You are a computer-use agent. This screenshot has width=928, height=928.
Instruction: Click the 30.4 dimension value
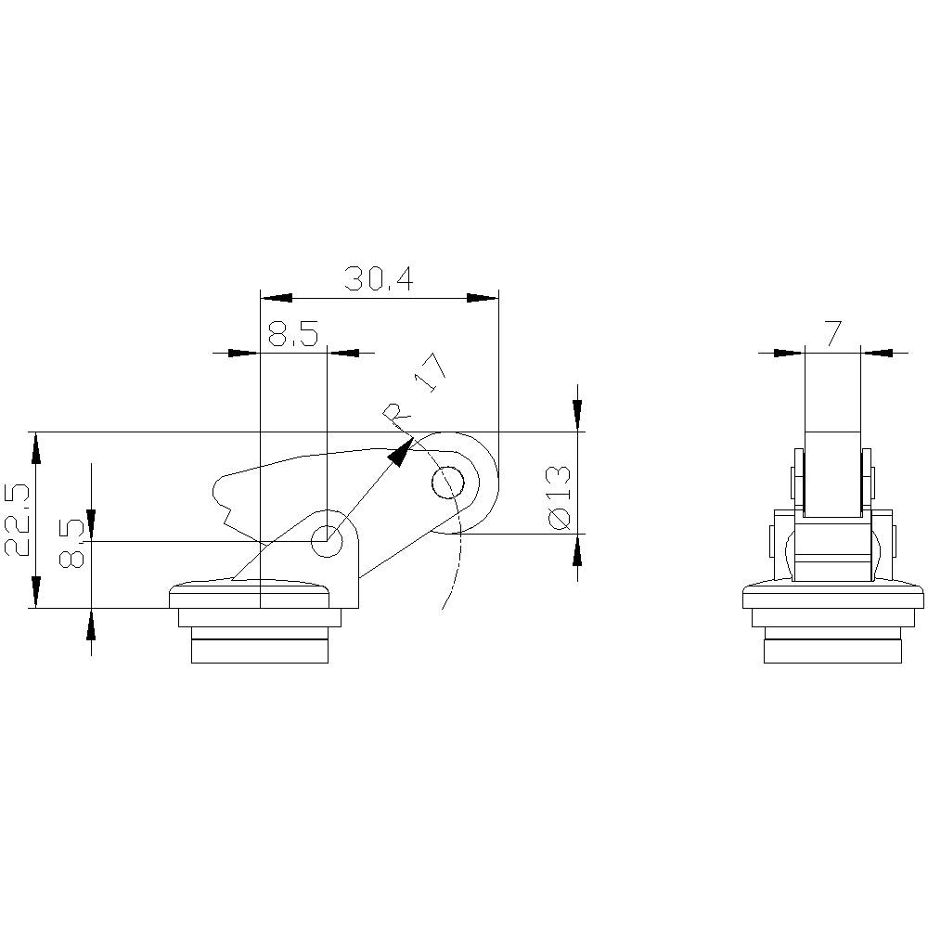tap(379, 278)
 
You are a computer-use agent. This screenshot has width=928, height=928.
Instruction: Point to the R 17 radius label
tap(414, 395)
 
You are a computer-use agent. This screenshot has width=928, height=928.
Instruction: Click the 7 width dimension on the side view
tap(832, 334)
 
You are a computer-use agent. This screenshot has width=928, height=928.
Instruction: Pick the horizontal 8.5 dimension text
tap(293, 334)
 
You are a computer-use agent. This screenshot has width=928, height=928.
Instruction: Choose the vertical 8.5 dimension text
tap(71, 543)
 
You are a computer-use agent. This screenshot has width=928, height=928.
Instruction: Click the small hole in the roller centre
tap(448, 483)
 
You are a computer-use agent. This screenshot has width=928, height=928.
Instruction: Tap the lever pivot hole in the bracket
tap(327, 541)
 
